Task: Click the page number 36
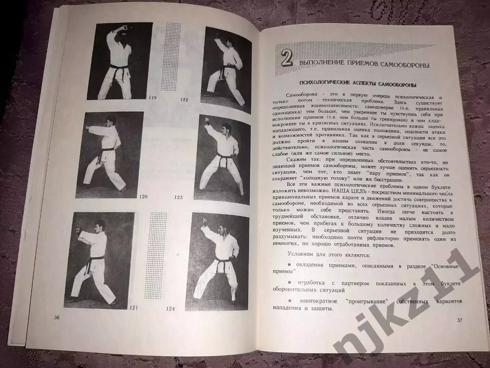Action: click(56, 317)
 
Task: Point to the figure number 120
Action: click(143, 196)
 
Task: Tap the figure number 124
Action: click(171, 308)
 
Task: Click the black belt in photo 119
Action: click(122, 69)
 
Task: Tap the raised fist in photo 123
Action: click(207, 120)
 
